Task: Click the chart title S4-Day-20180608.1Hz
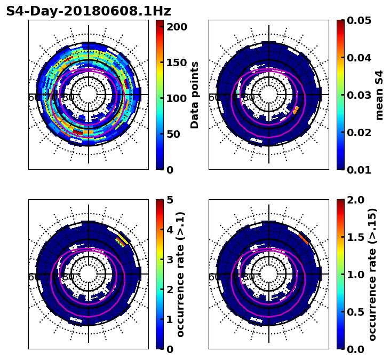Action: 89,11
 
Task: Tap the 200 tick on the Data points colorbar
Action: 177,27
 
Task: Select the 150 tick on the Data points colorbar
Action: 177,62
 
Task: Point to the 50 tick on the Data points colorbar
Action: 177,134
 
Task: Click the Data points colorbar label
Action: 195,95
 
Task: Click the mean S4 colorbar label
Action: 379,95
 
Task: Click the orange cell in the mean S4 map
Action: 296,110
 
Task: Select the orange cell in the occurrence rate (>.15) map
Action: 305,238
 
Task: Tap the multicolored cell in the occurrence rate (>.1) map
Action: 123,239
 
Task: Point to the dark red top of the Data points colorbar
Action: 160,23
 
